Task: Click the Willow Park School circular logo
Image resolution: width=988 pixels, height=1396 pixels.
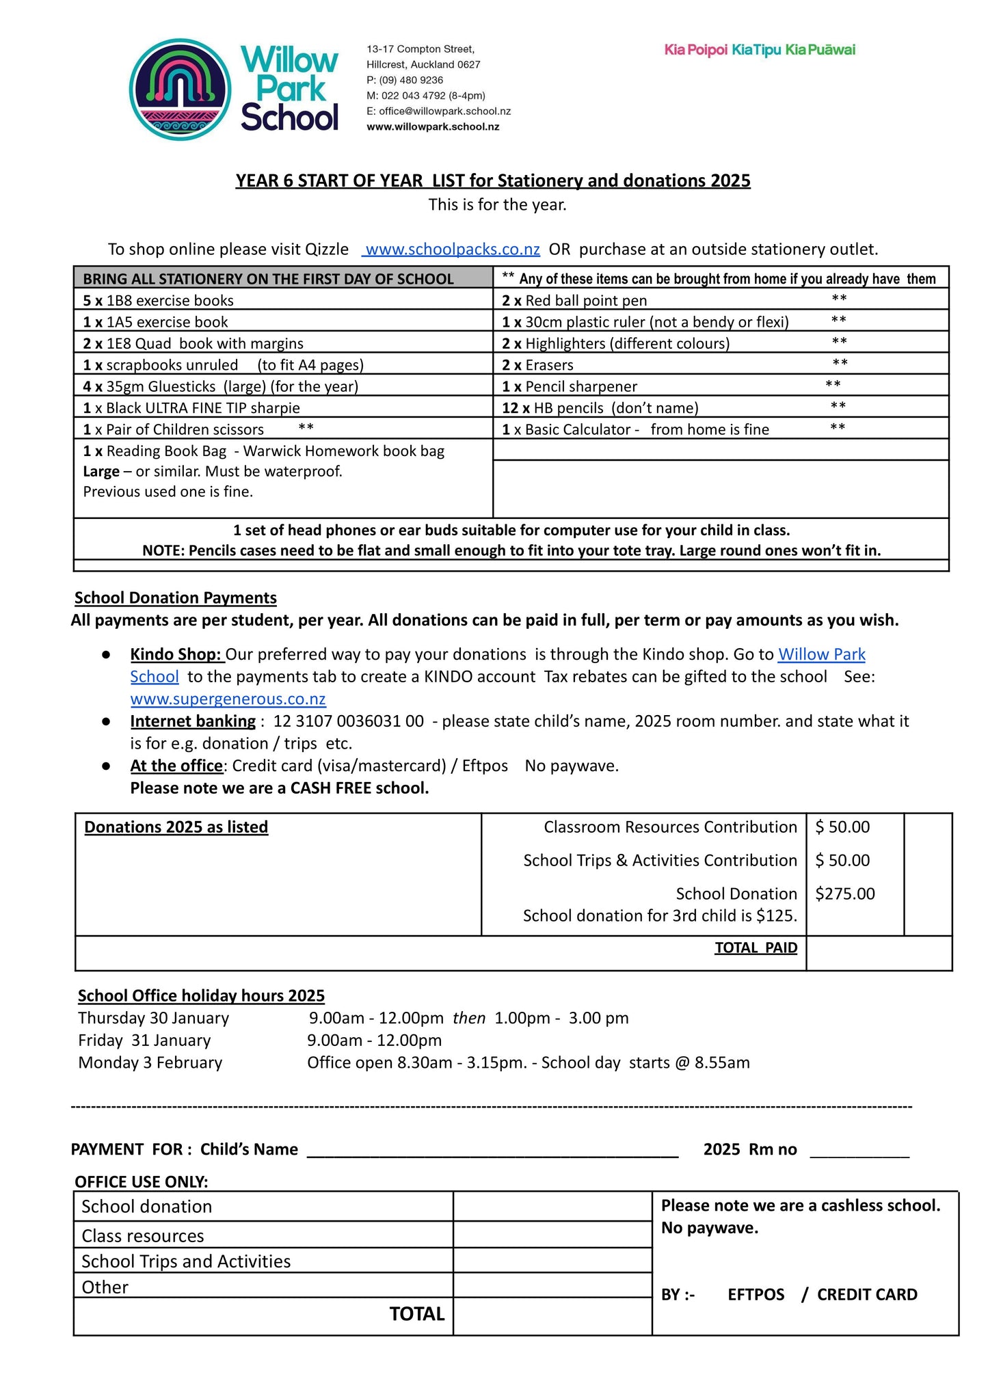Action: click(180, 90)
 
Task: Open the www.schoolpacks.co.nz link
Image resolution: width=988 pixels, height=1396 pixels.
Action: click(452, 250)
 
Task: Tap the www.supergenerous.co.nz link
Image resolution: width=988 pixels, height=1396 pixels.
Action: click(228, 699)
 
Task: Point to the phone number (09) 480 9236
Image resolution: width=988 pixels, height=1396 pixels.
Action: click(411, 80)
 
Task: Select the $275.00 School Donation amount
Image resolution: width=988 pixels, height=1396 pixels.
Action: click(844, 894)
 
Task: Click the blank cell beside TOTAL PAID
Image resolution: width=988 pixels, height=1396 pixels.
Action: click(879, 952)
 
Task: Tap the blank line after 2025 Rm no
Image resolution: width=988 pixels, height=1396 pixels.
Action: click(859, 1149)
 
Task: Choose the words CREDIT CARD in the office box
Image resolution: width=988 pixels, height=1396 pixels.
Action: click(867, 1294)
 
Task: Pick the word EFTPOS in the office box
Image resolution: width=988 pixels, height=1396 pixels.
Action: click(756, 1294)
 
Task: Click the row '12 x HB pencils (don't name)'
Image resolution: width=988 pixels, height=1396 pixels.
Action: click(600, 408)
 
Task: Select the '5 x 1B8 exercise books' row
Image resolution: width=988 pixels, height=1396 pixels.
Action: click(158, 301)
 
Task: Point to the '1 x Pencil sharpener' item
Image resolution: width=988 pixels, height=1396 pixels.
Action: click(569, 387)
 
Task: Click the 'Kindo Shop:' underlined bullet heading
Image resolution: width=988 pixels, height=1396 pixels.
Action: click(176, 654)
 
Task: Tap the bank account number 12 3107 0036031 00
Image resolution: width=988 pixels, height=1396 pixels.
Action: click(348, 721)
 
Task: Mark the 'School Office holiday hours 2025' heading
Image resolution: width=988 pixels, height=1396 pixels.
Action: click(201, 995)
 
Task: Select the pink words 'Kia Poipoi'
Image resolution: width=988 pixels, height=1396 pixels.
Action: click(695, 50)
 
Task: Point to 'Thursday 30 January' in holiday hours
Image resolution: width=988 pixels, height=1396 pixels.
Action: click(153, 1018)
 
